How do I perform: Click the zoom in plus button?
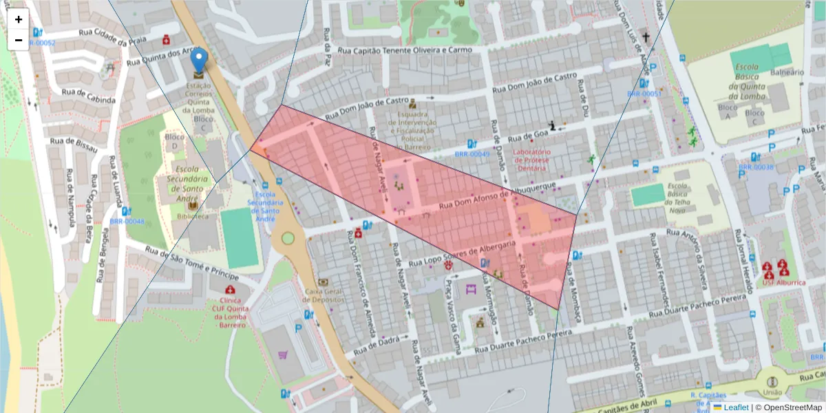pos(19,19)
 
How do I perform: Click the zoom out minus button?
pos(19,40)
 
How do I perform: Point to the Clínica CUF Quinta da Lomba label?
pos(228,313)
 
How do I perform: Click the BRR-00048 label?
pos(127,222)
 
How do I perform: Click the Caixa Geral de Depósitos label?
pos(324,295)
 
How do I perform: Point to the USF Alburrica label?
pos(779,282)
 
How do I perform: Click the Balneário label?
pos(787,72)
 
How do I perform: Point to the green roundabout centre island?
pos(288,238)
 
